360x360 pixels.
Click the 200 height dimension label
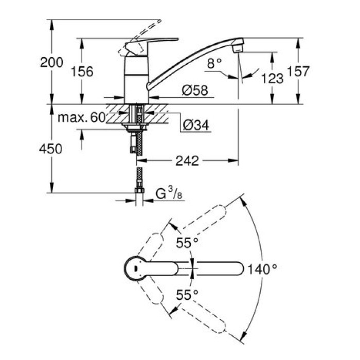point(52,63)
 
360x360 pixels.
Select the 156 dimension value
point(82,71)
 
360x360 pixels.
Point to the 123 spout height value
point(273,78)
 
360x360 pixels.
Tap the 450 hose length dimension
point(51,149)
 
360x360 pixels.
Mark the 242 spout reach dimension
point(186,161)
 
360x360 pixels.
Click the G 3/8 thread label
point(168,194)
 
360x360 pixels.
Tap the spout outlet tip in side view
point(237,47)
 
